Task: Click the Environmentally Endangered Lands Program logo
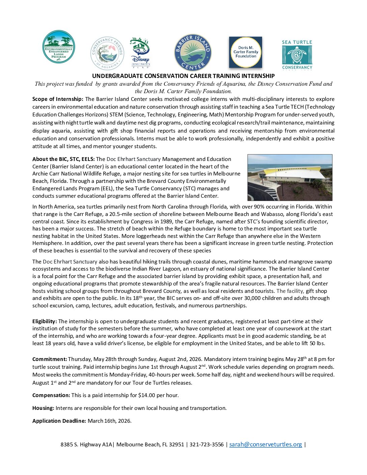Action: (58, 47)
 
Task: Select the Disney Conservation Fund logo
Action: (140, 53)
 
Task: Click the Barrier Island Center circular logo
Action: (193, 52)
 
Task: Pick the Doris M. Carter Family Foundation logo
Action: (246, 52)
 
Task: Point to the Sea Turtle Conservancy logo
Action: (297, 55)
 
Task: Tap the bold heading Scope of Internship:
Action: (58, 99)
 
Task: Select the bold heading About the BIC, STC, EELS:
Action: (63, 159)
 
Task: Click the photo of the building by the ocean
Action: (290, 177)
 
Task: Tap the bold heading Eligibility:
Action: (45, 322)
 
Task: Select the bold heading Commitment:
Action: (50, 359)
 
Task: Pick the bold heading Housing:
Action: (43, 408)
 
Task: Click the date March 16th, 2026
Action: (109, 421)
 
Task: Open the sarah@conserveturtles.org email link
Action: (265, 445)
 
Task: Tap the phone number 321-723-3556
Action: (206, 445)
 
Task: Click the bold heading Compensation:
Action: (51, 395)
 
